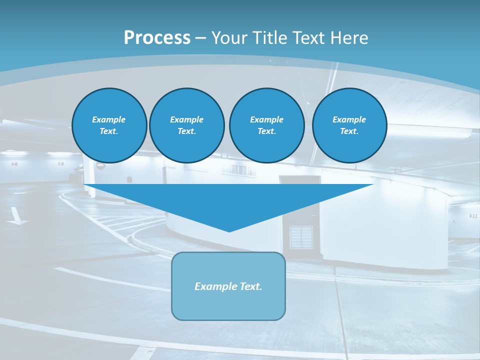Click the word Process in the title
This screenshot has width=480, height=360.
[x=157, y=38]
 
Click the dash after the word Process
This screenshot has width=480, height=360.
[x=200, y=38]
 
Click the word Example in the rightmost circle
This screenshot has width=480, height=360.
[x=349, y=119]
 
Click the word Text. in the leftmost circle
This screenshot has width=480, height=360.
[x=109, y=131]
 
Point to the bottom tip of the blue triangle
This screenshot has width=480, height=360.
[x=229, y=230]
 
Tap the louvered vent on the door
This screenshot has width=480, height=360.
[x=301, y=237]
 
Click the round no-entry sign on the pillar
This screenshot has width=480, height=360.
[x=100, y=166]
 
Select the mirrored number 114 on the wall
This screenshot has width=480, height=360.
[x=473, y=215]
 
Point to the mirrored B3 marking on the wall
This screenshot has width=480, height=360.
[x=61, y=163]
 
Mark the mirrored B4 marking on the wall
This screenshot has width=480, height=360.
[x=14, y=164]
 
